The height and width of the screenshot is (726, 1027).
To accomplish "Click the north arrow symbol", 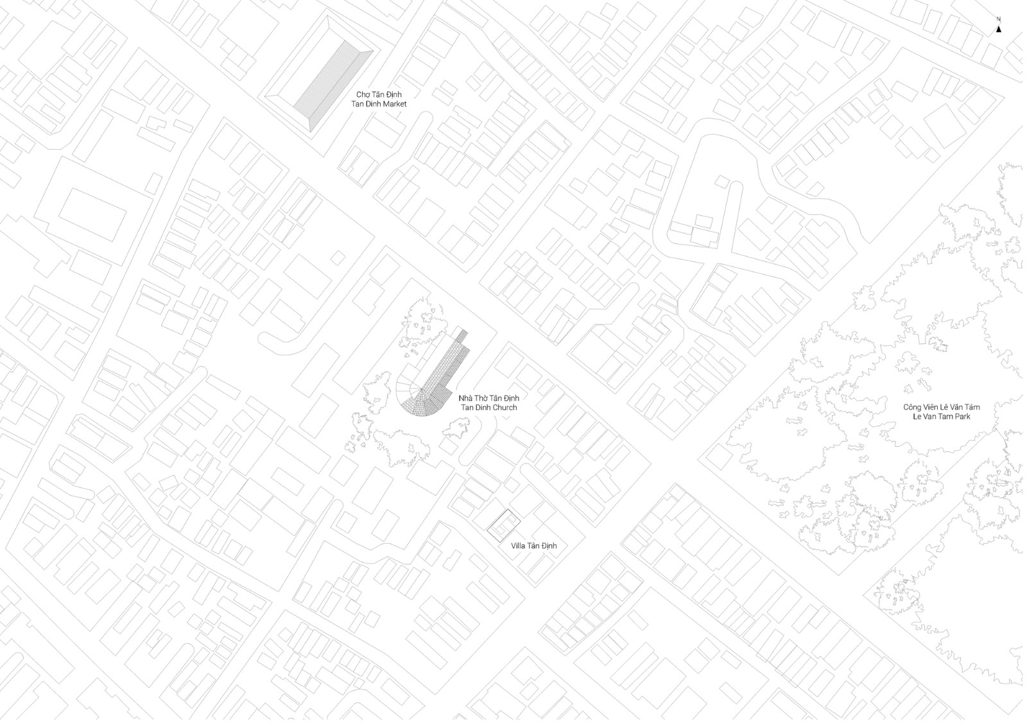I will [x=999, y=28].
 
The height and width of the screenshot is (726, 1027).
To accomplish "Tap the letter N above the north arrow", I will [x=999, y=20].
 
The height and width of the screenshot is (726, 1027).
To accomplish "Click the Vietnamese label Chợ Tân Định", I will [x=379, y=94].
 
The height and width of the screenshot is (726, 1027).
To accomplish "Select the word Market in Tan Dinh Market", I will [x=393, y=104].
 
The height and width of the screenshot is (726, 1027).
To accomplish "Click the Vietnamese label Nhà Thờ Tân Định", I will [x=488, y=398].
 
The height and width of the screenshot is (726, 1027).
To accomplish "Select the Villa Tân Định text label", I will [x=533, y=546].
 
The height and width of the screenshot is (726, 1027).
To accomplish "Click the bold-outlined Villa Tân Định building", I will [x=503, y=526].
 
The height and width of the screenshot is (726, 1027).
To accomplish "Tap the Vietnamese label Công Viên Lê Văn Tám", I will [x=942, y=407].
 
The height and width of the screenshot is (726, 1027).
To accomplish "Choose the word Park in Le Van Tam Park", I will [x=962, y=417].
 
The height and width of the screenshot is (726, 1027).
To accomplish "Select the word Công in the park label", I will [x=913, y=407].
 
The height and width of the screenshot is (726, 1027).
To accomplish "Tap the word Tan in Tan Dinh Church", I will [x=467, y=408].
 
